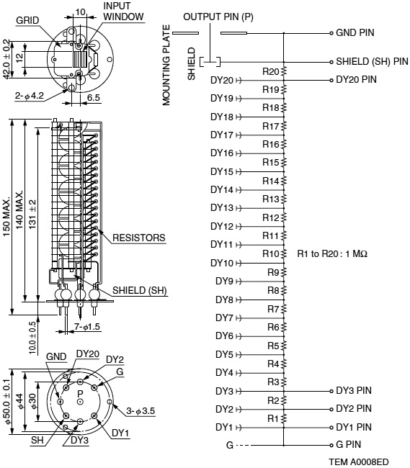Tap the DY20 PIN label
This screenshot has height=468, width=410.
[x=357, y=80]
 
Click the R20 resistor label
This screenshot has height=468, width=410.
[x=271, y=71]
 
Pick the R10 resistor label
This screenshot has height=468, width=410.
[x=271, y=253]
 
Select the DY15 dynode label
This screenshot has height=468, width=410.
[x=222, y=172]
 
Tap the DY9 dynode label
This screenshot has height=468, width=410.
[x=224, y=282]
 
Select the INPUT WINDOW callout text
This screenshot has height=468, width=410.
[x=123, y=11]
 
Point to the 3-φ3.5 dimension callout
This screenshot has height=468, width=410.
[x=141, y=411]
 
